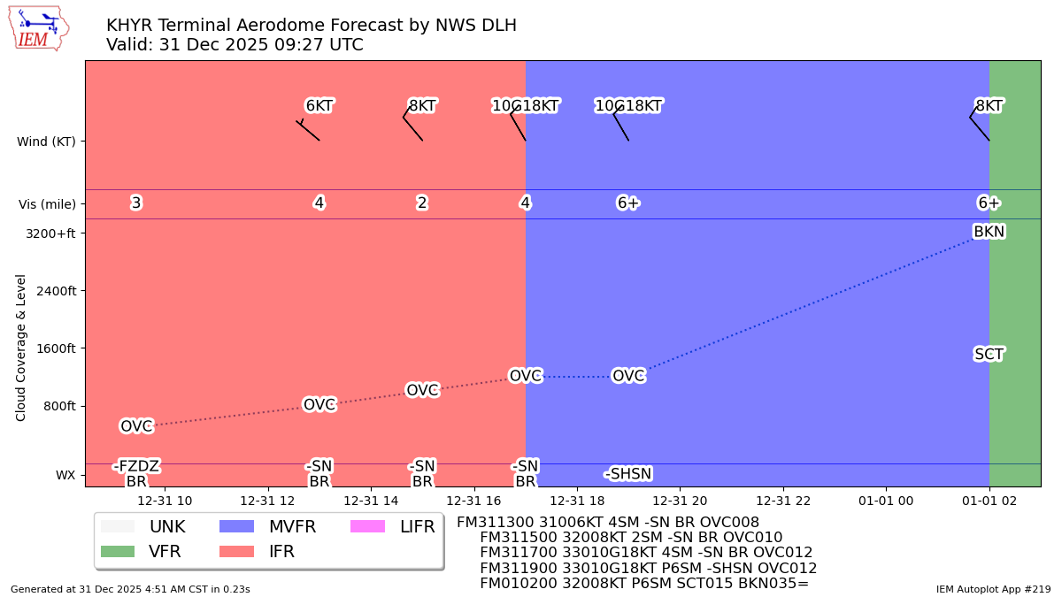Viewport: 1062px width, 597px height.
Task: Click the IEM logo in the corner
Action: [38, 28]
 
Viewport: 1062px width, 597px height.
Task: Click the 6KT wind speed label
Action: [319, 106]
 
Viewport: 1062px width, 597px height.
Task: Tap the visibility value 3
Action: [136, 203]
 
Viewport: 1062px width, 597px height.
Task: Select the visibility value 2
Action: [422, 203]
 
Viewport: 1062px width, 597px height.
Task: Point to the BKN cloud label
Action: [989, 232]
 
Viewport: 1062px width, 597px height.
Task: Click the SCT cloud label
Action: [989, 355]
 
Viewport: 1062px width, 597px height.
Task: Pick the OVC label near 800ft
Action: [319, 405]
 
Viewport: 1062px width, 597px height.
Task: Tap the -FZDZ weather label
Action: [136, 466]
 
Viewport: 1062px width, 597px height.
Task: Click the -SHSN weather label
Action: [628, 474]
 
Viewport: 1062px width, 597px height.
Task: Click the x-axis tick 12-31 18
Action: [577, 501]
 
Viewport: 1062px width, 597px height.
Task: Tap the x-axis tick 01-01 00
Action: [886, 501]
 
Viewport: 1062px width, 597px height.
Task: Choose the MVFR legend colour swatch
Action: [236, 527]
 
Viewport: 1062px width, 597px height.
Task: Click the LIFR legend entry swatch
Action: [367, 527]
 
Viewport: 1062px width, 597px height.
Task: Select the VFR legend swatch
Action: [118, 552]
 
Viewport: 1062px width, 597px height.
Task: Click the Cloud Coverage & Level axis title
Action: [21, 348]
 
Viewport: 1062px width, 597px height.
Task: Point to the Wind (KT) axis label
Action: [46, 142]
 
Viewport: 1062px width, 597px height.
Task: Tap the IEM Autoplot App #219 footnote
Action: [993, 589]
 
